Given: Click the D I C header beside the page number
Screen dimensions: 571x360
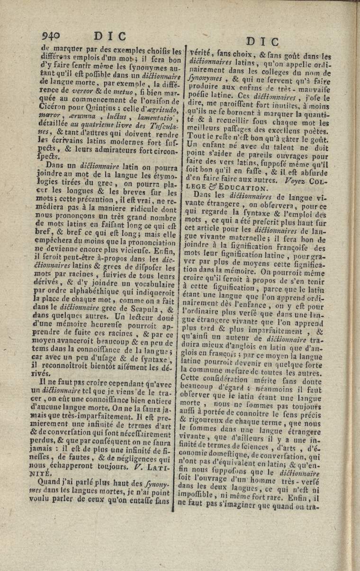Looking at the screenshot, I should coord(110,36).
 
